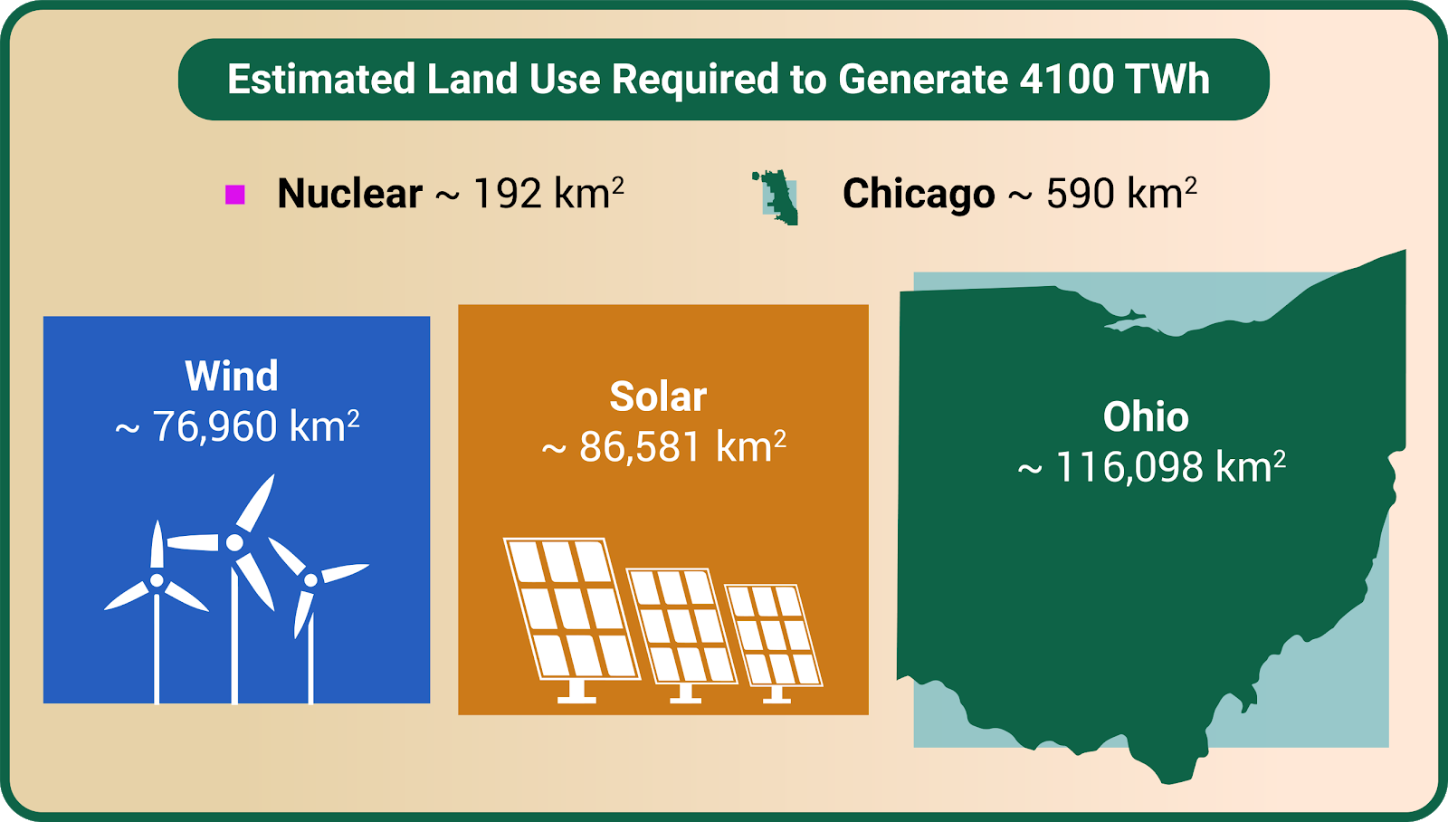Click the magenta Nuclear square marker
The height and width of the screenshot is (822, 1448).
(x=234, y=195)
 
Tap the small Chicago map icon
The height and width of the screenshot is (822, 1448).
(x=776, y=197)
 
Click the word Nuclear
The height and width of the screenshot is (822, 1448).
(x=349, y=194)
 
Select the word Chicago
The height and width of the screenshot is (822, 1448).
(x=919, y=195)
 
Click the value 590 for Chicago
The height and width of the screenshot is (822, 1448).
(x=1081, y=194)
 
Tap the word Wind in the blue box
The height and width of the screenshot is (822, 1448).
(x=232, y=376)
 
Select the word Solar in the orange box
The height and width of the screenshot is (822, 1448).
(x=658, y=397)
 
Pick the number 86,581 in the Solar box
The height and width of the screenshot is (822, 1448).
(x=640, y=447)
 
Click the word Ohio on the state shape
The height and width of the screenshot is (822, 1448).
(x=1146, y=417)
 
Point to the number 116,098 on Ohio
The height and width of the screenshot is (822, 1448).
(x=1129, y=468)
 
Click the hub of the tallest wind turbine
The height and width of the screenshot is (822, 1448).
(x=234, y=542)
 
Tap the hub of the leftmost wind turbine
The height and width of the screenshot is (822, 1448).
(x=157, y=580)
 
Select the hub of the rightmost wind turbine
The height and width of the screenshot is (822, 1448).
(x=311, y=580)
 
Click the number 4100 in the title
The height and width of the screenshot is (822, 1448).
(x=1067, y=79)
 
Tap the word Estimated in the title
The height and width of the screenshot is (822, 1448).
(x=321, y=79)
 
